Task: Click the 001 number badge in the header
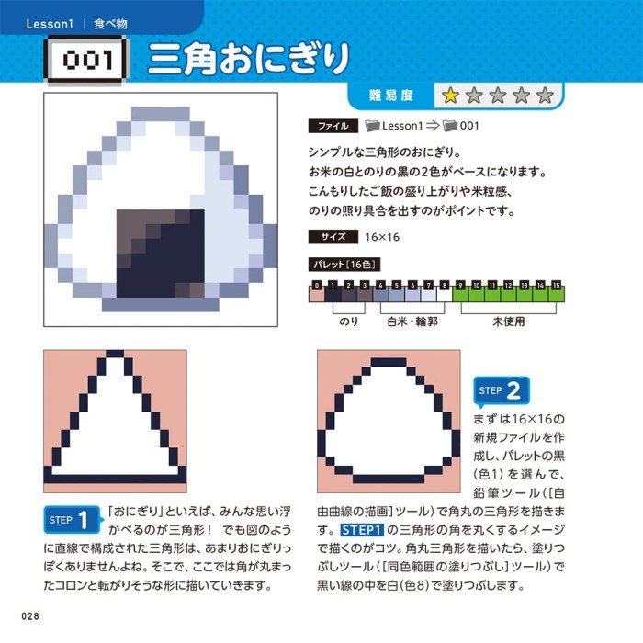pyautogui.click(x=86, y=61)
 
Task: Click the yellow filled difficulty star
pyautogui.click(x=450, y=96)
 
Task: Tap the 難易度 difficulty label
pyautogui.click(x=390, y=96)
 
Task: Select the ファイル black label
pyautogui.click(x=333, y=126)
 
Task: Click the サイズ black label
pyautogui.click(x=333, y=237)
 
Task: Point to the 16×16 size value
pyautogui.click(x=382, y=237)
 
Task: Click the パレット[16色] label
pyautogui.click(x=344, y=265)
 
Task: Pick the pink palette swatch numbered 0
pyautogui.click(x=316, y=294)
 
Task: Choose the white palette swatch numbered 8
pyautogui.click(x=444, y=294)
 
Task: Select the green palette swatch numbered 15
pyautogui.click(x=556, y=294)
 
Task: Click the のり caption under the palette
pyautogui.click(x=348, y=321)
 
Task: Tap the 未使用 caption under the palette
pyautogui.click(x=509, y=321)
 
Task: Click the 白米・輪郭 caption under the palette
pyautogui.click(x=412, y=321)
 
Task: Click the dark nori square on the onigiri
pyautogui.click(x=161, y=254)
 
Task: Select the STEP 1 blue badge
pyautogui.click(x=73, y=520)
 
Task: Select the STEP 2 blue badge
pyautogui.click(x=502, y=390)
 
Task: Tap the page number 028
pyautogui.click(x=30, y=616)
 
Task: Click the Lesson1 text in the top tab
pyautogui.click(x=50, y=24)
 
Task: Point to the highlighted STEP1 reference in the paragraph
pyautogui.click(x=362, y=530)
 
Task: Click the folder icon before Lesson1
pyautogui.click(x=372, y=126)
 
